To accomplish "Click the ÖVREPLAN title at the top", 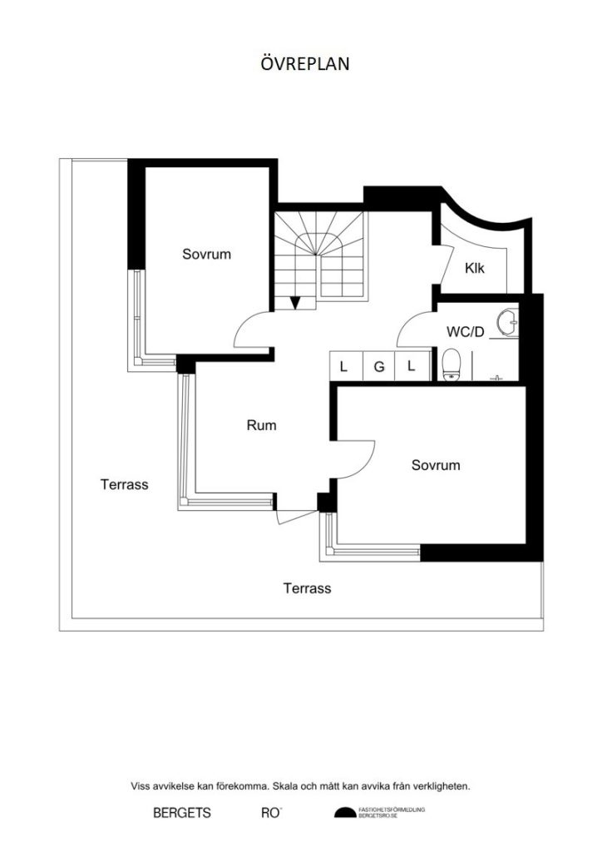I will click(300, 64).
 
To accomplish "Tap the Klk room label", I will click(475, 269).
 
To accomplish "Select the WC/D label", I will click(466, 331).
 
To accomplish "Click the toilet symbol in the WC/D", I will click(451, 364).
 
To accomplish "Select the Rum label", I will click(261, 425).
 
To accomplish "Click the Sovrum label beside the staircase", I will click(206, 254).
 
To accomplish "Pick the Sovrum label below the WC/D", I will click(436, 465).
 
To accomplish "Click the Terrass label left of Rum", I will click(124, 483).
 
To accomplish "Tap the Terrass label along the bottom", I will click(307, 588).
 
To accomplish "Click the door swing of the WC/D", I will click(413, 329).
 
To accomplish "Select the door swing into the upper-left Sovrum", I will click(251, 330).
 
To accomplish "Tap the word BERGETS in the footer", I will click(182, 813).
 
